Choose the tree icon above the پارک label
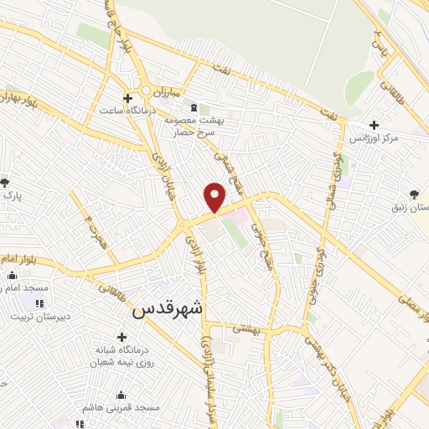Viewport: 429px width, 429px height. tap(5, 182)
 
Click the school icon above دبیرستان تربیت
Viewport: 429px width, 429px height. tap(39, 303)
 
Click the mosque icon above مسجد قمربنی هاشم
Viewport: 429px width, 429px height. tap(122, 395)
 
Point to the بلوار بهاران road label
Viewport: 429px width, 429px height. tap(18, 99)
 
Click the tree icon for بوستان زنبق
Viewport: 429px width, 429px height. tap(414, 194)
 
